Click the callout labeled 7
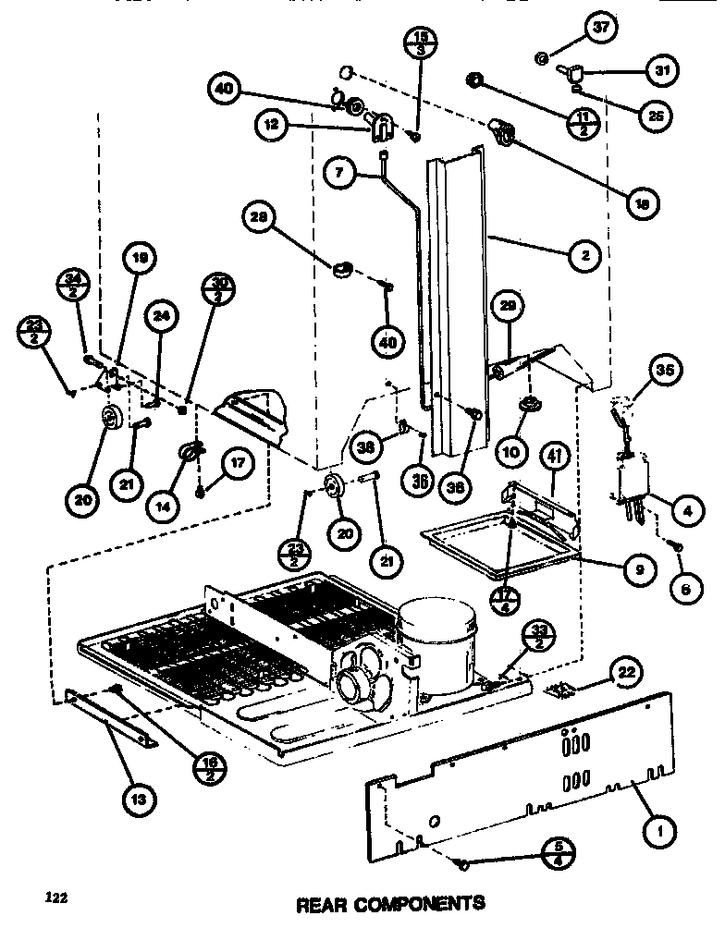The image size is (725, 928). [338, 173]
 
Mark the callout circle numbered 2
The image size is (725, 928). [584, 256]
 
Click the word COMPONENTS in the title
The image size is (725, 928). [424, 901]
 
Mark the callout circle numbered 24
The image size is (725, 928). [163, 317]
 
